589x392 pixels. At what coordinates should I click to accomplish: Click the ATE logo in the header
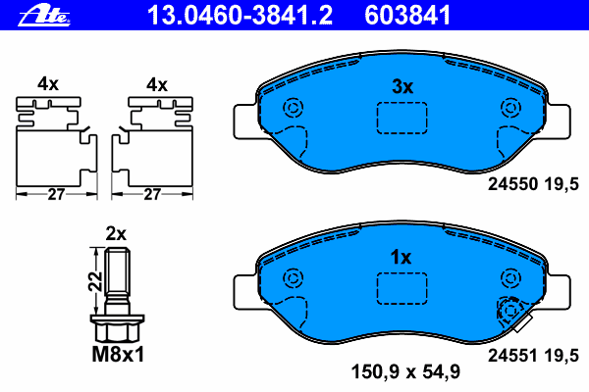pyautogui.click(x=44, y=16)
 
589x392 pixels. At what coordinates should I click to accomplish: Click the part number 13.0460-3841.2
pyautogui.click(x=240, y=16)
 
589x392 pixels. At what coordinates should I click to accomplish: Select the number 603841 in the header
pyautogui.click(x=407, y=16)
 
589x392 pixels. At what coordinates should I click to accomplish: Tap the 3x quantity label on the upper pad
pyautogui.click(x=402, y=86)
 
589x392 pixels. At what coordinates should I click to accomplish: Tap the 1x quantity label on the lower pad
pyautogui.click(x=401, y=258)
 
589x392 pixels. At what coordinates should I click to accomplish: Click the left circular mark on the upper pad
pyautogui.click(x=293, y=108)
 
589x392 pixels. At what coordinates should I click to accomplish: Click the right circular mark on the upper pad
pyautogui.click(x=510, y=108)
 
